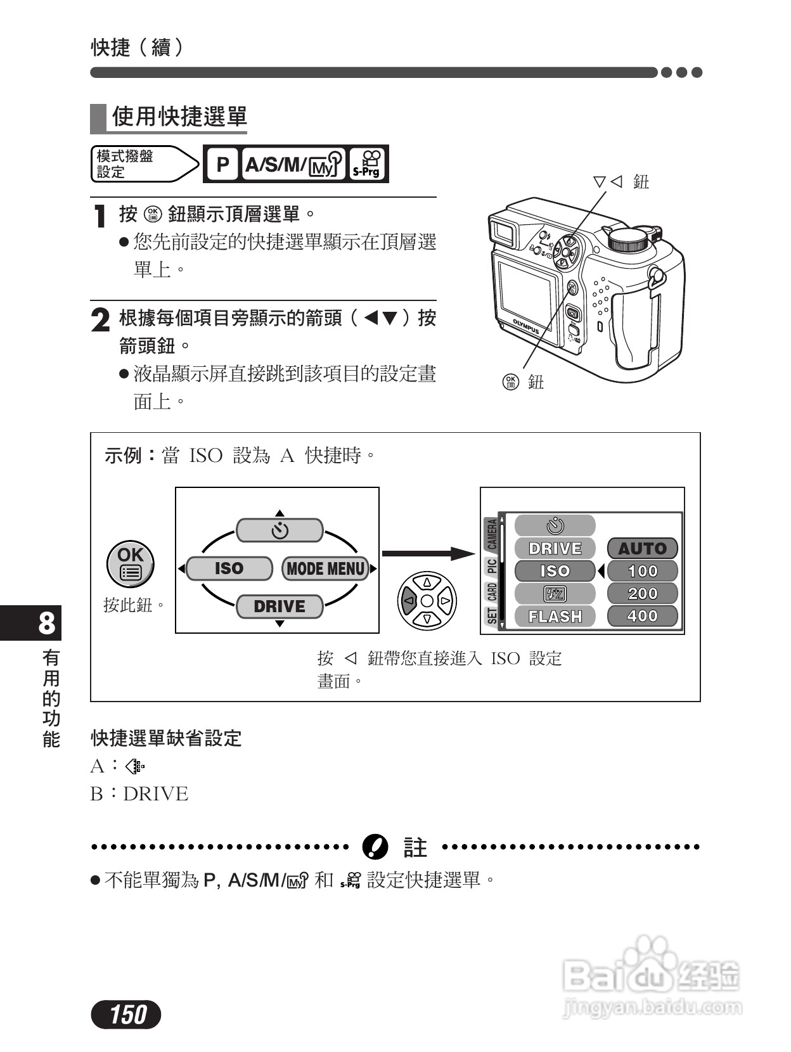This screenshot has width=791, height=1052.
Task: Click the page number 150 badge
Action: pos(126,1015)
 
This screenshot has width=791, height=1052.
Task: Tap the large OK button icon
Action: pos(130,563)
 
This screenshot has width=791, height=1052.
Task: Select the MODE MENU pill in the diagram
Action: pos(326,568)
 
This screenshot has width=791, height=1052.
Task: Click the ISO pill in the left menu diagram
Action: pos(229,568)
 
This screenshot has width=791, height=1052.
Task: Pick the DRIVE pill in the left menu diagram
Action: pos(279,606)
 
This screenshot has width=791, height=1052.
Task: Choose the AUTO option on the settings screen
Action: pos(642,548)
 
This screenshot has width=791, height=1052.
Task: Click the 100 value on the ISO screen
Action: pos(642,571)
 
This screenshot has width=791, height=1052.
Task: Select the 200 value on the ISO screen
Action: pos(642,594)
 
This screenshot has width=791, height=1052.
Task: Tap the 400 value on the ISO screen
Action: pos(642,616)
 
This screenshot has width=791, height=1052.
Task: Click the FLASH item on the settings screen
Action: pos(555,616)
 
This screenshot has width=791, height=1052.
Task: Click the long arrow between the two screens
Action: pos(428,553)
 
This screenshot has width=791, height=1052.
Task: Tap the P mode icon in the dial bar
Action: pos(222,165)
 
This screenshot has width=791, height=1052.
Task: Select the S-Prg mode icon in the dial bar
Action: pos(368,165)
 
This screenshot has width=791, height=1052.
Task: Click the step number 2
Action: pos(100,320)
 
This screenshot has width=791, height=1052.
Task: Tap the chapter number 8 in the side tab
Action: pos(47,624)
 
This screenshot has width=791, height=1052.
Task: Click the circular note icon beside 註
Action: pos(375,847)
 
